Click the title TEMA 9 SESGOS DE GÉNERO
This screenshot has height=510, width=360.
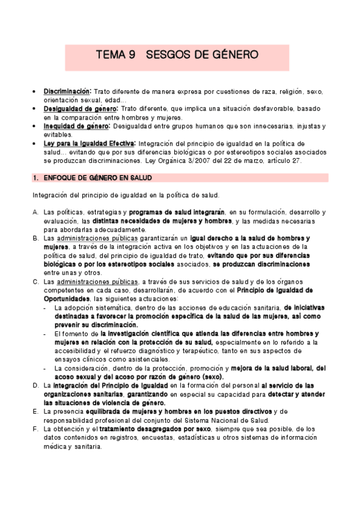coord(177,55)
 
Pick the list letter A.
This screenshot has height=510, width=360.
coord(35,212)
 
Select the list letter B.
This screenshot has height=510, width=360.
coord(35,238)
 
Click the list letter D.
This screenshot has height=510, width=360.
coord(35,384)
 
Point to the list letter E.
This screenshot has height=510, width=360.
coord(35,411)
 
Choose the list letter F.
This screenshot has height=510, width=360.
coord(35,428)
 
